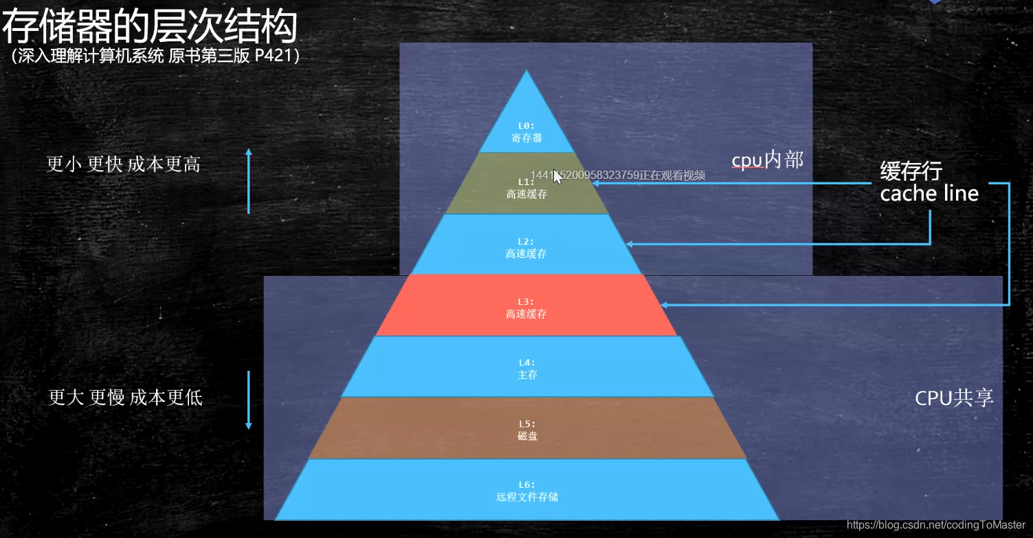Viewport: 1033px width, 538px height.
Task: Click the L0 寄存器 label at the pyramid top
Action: click(x=526, y=132)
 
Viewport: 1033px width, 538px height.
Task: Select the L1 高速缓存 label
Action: click(x=526, y=189)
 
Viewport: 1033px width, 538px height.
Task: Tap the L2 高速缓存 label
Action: click(x=526, y=248)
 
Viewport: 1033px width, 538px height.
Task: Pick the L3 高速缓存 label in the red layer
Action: click(x=526, y=308)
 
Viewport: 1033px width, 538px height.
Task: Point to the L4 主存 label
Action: click(x=527, y=369)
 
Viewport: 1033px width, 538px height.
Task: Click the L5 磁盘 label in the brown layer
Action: click(x=527, y=430)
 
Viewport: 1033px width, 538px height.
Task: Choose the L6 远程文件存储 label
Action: click(x=527, y=491)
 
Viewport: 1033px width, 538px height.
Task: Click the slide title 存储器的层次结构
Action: click(x=150, y=28)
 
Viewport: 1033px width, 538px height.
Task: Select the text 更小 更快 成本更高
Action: click(x=124, y=164)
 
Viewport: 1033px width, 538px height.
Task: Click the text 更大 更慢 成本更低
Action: click(x=125, y=398)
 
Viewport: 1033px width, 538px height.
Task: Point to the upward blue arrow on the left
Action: click(x=249, y=180)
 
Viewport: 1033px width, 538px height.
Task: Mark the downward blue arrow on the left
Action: click(x=249, y=400)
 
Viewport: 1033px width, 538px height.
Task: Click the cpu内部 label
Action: click(x=767, y=160)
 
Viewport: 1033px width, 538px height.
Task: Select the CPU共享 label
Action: click(x=954, y=398)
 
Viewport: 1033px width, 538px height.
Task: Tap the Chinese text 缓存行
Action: click(x=911, y=171)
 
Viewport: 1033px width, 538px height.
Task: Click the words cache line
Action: click(x=929, y=194)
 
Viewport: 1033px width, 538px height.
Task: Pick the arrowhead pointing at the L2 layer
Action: click(x=629, y=244)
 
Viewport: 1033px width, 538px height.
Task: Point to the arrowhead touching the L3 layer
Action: click(x=663, y=304)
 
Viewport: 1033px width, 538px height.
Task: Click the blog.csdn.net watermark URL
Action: click(x=936, y=526)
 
